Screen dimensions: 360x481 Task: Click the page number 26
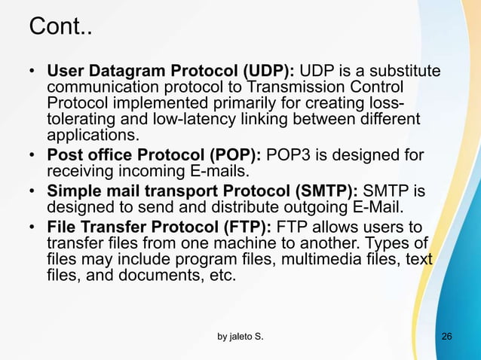446,335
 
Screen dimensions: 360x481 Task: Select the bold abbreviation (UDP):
268,72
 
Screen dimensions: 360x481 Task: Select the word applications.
93,137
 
